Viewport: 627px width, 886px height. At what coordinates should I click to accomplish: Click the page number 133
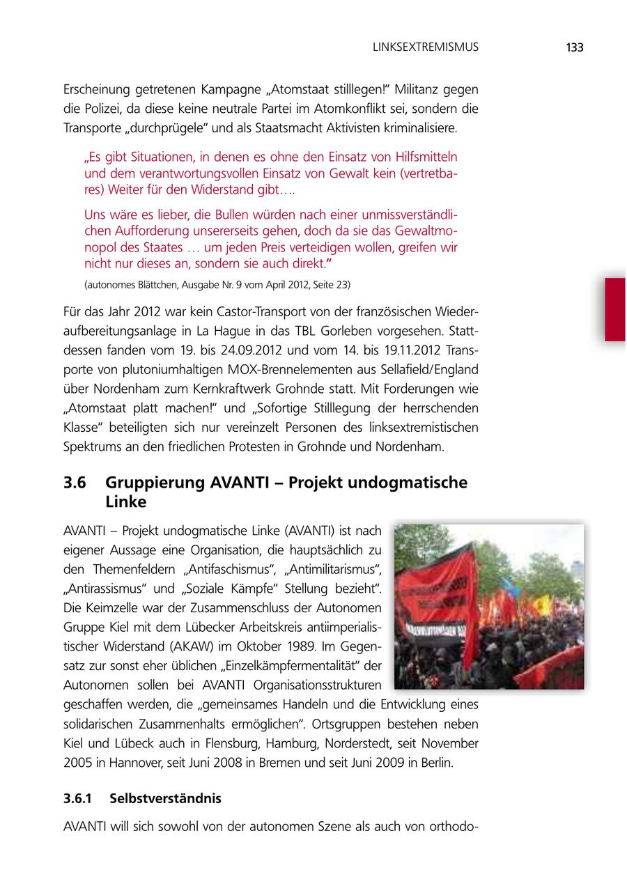574,47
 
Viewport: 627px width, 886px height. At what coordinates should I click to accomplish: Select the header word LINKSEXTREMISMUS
426,47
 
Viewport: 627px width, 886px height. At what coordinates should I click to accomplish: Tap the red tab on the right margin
614,309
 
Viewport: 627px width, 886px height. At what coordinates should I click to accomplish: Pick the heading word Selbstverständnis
165,798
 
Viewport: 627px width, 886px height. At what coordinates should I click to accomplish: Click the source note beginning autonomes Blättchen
217,285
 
